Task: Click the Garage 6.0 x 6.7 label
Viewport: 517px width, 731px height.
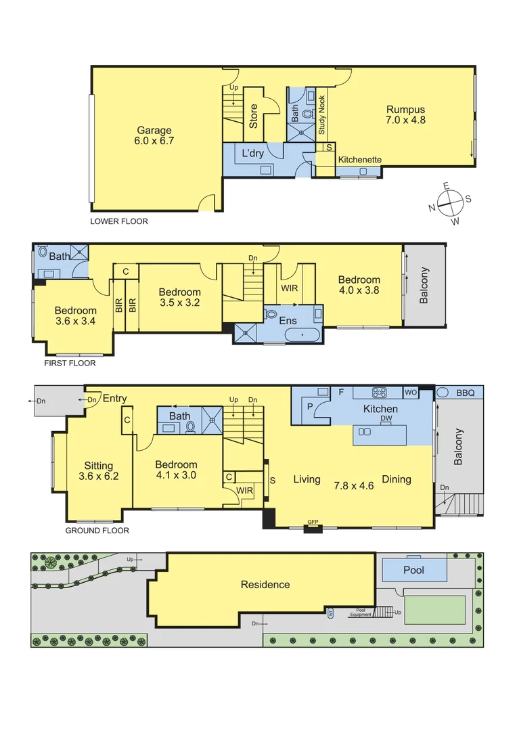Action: coord(154,136)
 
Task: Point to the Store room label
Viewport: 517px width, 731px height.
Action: coord(254,116)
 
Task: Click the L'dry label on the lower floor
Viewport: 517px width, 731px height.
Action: coord(252,154)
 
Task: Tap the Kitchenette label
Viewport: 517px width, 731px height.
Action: coord(360,160)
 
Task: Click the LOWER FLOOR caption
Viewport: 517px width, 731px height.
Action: coord(119,221)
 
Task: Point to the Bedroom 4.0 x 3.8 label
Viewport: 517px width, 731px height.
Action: coord(359,285)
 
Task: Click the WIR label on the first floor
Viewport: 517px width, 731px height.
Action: coord(290,288)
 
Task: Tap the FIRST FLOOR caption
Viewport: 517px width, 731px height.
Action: coord(70,363)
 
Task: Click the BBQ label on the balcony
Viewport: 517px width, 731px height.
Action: coord(466,393)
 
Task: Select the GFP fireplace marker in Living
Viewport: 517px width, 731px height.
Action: coord(313,522)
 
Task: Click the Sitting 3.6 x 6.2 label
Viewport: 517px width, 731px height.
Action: coord(99,471)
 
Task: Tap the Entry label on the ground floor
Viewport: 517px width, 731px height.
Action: coord(114,399)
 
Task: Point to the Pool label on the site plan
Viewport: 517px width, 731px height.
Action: coord(413,571)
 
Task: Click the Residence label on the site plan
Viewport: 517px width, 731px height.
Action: coord(265,585)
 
